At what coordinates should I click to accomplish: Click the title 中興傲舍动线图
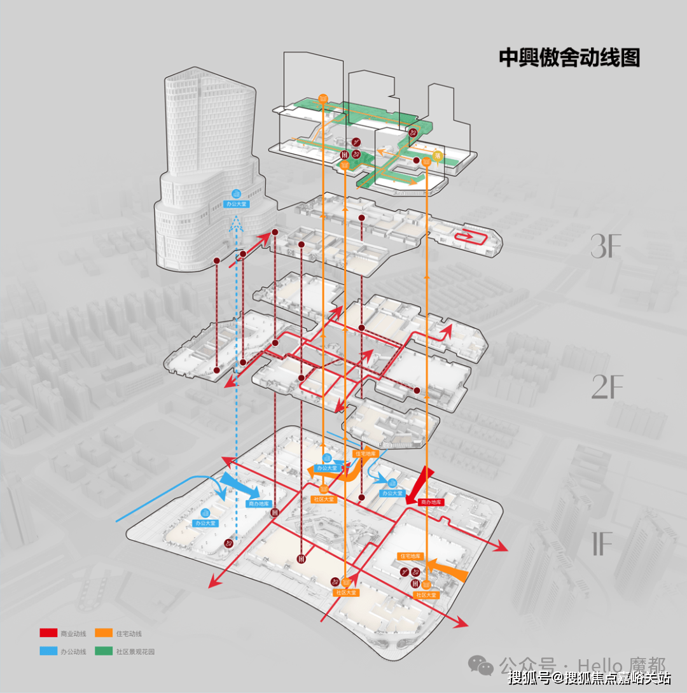click(569, 58)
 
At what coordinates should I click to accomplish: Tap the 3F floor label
click(605, 247)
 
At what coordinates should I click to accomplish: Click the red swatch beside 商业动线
click(48, 633)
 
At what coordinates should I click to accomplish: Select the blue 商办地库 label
click(257, 503)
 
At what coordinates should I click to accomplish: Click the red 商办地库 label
click(431, 502)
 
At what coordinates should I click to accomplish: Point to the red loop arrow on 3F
click(470, 236)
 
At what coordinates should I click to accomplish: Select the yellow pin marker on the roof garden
click(437, 155)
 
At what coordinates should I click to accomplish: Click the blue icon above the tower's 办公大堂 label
click(237, 193)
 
